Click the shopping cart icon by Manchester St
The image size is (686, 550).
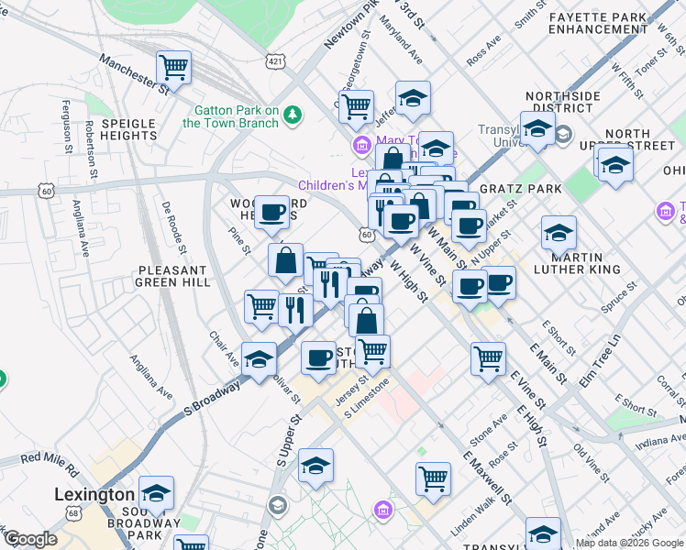172,67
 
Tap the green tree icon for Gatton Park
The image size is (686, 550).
293,115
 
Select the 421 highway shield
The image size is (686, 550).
274,60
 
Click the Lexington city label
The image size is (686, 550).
94,494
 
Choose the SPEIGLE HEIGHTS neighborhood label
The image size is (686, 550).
129,129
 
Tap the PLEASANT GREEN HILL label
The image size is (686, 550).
172,277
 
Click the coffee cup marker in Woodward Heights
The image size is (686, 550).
271,213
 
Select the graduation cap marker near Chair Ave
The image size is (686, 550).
259,359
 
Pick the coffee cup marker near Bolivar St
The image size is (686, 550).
318,357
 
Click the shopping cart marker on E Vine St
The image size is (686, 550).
489,357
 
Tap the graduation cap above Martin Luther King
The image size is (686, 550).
558,233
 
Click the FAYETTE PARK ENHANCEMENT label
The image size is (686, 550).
599,23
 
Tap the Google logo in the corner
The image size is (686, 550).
30,539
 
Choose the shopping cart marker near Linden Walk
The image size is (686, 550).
433,478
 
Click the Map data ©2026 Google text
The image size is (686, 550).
629,543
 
